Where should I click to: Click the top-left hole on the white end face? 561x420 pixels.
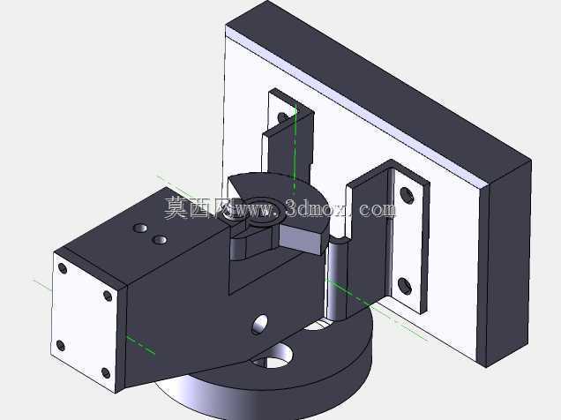[63, 268]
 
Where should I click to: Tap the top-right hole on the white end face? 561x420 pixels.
[108, 296]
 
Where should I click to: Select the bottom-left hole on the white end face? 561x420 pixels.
[61, 346]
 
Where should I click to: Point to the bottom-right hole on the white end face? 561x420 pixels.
[106, 372]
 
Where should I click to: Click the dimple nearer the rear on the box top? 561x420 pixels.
[140, 228]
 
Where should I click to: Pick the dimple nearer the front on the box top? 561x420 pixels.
[159, 240]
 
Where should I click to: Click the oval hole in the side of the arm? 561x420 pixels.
[260, 324]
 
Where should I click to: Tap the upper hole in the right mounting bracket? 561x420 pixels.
[407, 195]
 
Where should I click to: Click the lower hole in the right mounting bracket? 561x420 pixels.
[405, 286]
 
